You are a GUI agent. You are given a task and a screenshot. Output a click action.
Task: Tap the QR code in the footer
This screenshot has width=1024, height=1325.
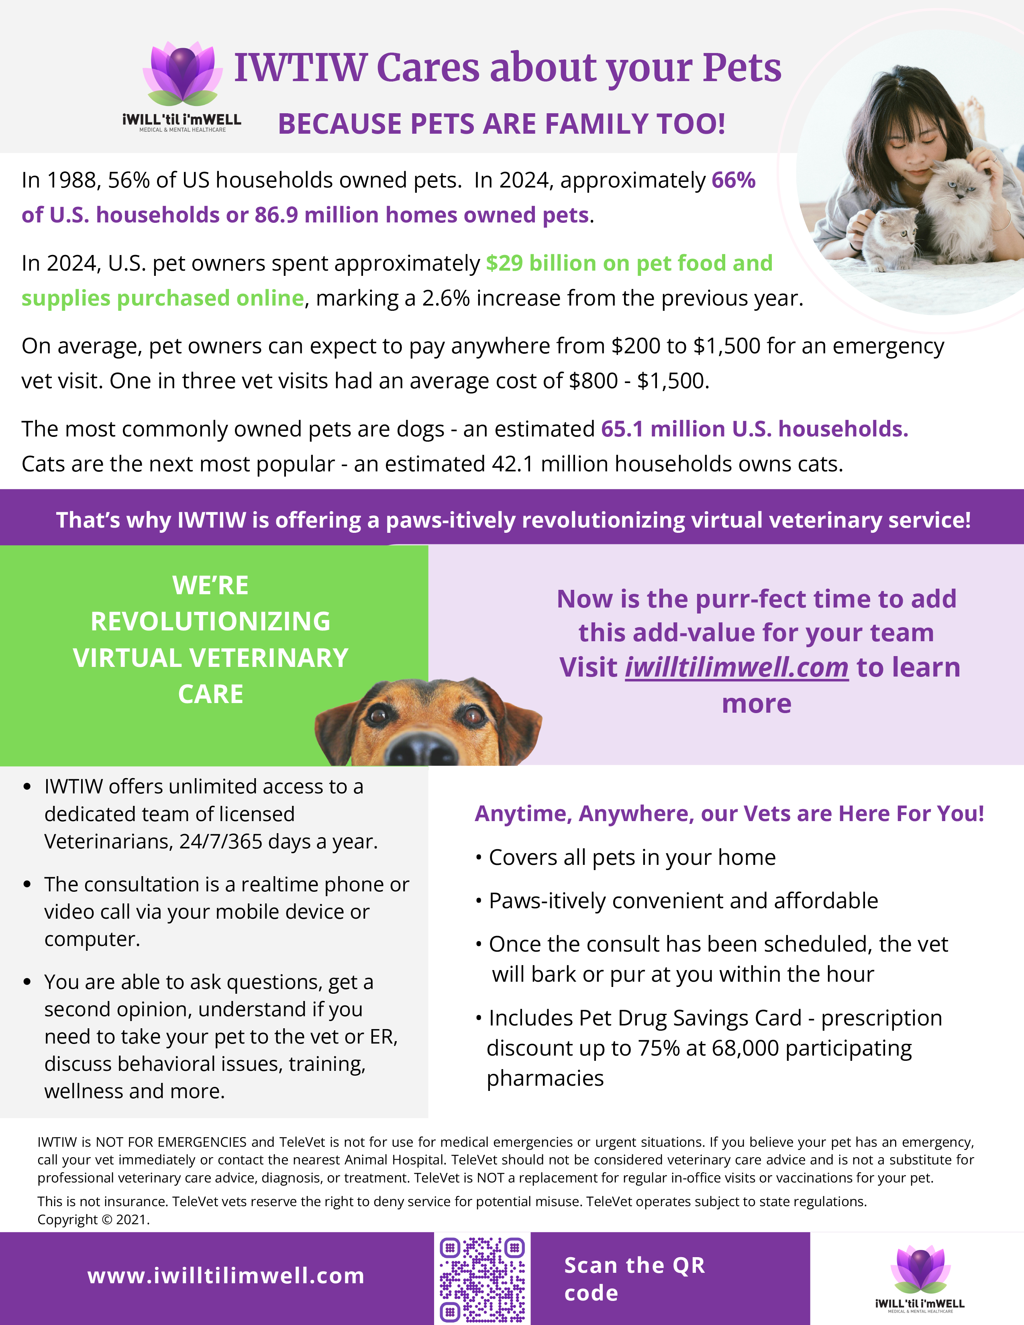(x=482, y=1279)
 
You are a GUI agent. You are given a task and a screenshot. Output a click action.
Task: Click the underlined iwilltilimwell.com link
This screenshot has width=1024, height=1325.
(x=736, y=667)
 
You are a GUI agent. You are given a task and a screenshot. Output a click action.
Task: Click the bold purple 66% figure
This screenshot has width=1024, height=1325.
(x=733, y=180)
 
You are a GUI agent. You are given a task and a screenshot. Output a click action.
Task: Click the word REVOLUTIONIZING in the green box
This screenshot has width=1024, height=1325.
(x=210, y=621)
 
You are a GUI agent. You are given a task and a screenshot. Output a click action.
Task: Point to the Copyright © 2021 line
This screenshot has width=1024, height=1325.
(x=94, y=1219)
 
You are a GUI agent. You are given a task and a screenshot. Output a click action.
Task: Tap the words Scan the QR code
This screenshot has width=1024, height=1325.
(x=634, y=1278)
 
